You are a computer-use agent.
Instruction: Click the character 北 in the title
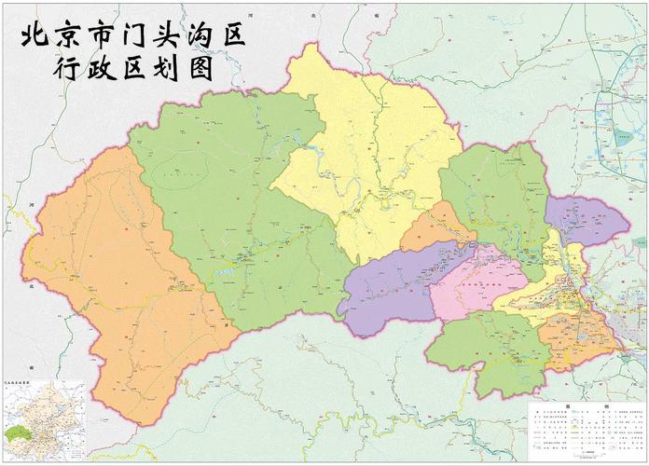pos(35,36)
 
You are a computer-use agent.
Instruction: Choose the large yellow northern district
pos(373,158)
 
